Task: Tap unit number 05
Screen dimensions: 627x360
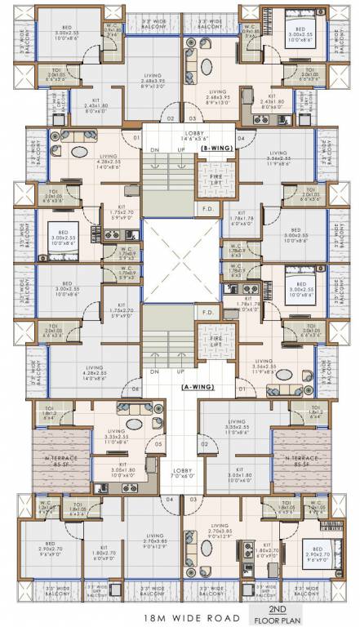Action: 158,445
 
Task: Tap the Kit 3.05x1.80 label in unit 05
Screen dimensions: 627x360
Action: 112,470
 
